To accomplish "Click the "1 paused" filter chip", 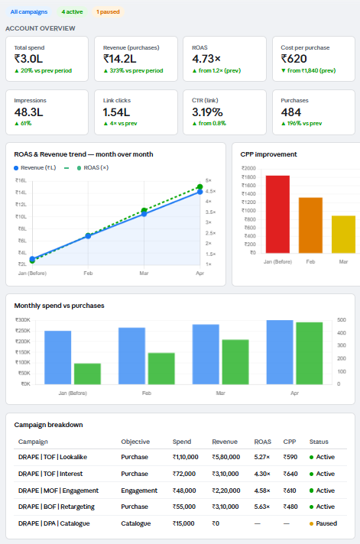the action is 108,11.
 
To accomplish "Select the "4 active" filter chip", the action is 72,11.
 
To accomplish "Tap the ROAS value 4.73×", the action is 206,59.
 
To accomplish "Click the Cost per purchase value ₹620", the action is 294,59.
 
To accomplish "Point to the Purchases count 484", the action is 291,112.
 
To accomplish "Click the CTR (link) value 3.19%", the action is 207,112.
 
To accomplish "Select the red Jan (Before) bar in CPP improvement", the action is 277,214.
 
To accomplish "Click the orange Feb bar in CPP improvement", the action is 311,225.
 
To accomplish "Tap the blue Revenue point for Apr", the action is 200,192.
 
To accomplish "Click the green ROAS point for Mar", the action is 144,210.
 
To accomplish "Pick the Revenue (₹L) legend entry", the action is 34,168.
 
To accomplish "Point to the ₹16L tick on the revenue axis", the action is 21,180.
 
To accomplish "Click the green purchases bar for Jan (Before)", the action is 87,374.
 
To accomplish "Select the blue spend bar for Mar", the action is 206,355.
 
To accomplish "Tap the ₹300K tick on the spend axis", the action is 23,320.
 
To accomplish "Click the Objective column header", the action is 135,442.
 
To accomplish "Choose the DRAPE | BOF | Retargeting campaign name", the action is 57,507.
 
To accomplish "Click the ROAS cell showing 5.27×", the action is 262,457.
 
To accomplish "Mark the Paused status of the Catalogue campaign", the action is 323,523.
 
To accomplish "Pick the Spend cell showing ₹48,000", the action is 184,491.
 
